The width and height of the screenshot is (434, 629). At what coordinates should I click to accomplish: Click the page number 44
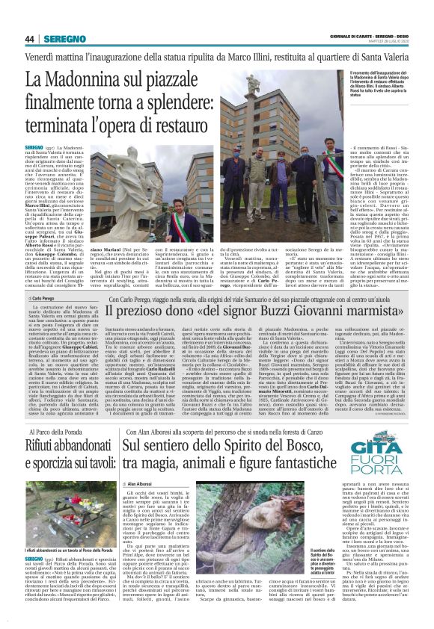[x=30, y=39]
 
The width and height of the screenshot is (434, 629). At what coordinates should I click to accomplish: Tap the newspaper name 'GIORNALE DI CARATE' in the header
[x=351, y=36]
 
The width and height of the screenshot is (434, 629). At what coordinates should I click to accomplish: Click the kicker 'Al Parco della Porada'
[x=61, y=432]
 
